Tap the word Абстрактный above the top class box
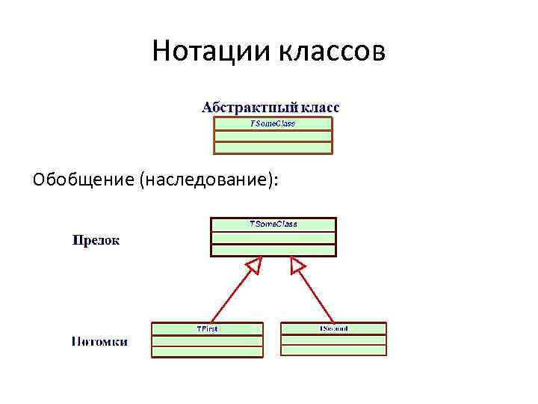[x=249, y=107]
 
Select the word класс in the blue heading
[x=319, y=107]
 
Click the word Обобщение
[x=83, y=180]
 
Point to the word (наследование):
[x=208, y=180]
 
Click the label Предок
[x=95, y=241]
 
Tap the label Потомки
[x=99, y=342]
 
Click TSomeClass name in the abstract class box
[x=272, y=123]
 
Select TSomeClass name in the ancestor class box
[x=273, y=224]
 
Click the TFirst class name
[x=207, y=328]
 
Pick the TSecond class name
[x=333, y=328]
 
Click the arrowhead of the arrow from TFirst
[x=254, y=264]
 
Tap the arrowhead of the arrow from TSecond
[x=297, y=265]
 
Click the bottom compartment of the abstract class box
[x=273, y=147]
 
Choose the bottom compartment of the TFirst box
[x=207, y=351]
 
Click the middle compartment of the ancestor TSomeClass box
[x=273, y=238]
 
